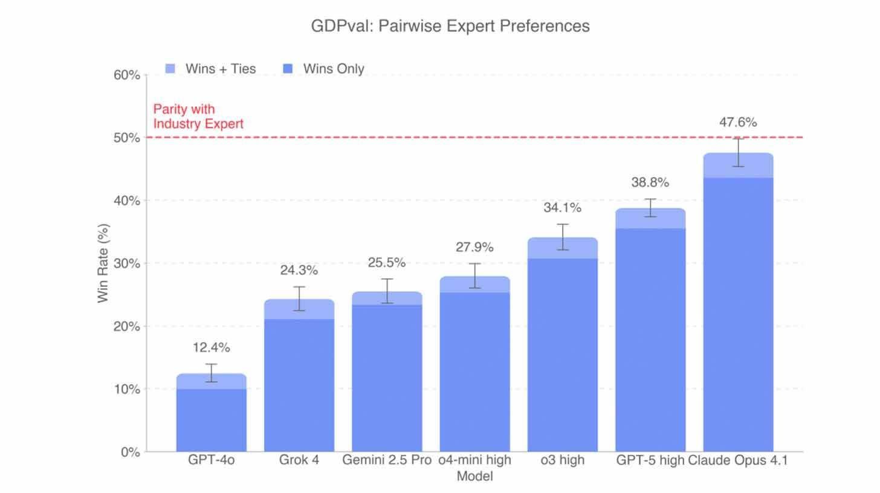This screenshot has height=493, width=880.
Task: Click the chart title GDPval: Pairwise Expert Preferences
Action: [450, 26]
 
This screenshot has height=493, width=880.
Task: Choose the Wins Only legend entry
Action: [324, 69]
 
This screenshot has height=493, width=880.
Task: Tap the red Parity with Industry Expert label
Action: [198, 117]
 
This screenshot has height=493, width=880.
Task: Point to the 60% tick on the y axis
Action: [127, 76]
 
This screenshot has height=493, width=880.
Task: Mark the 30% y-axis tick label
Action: [127, 264]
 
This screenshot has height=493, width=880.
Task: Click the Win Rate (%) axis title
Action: [103, 263]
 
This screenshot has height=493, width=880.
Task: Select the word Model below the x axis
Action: [474, 476]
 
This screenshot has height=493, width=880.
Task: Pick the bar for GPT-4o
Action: [212, 417]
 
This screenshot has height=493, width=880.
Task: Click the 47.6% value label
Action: [738, 123]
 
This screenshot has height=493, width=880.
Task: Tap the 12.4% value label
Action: [212, 348]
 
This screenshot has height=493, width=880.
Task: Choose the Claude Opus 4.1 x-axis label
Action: [738, 460]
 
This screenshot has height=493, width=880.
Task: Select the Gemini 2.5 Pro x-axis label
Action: [387, 460]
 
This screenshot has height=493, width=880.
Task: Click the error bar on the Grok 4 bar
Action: [299, 298]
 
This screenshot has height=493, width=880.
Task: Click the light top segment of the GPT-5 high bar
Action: [650, 219]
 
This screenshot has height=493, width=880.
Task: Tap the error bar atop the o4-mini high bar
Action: [474, 275]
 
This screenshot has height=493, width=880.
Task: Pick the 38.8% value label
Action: [650, 182]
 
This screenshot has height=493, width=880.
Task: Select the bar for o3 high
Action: [562, 356]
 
